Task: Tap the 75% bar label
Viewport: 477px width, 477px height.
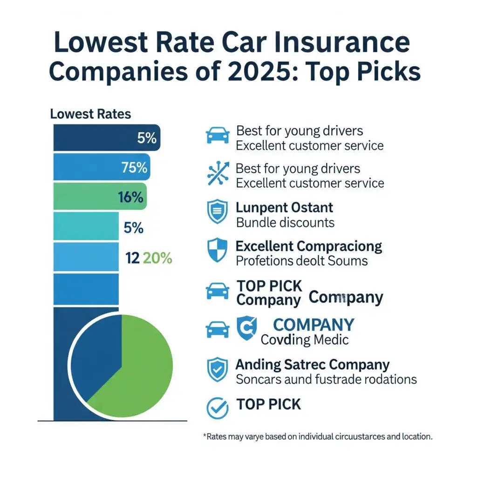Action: click(x=135, y=167)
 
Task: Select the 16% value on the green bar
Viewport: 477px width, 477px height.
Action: click(x=130, y=197)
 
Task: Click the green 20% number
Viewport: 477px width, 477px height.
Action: click(x=158, y=258)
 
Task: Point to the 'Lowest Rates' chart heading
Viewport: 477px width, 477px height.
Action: click(x=90, y=114)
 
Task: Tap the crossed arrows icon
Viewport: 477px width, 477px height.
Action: click(x=218, y=175)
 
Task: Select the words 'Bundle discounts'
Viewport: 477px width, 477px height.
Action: click(x=285, y=222)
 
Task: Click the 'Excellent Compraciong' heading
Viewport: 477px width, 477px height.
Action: click(x=309, y=245)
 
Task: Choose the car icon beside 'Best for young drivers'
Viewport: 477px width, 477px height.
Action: click(x=218, y=136)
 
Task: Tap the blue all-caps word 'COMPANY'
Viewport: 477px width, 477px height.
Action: click(x=313, y=325)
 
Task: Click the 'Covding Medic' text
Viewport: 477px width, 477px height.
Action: click(x=305, y=340)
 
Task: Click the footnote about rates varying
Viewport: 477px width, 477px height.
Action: click(x=318, y=437)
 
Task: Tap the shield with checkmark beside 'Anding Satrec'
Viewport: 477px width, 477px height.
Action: click(x=218, y=369)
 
